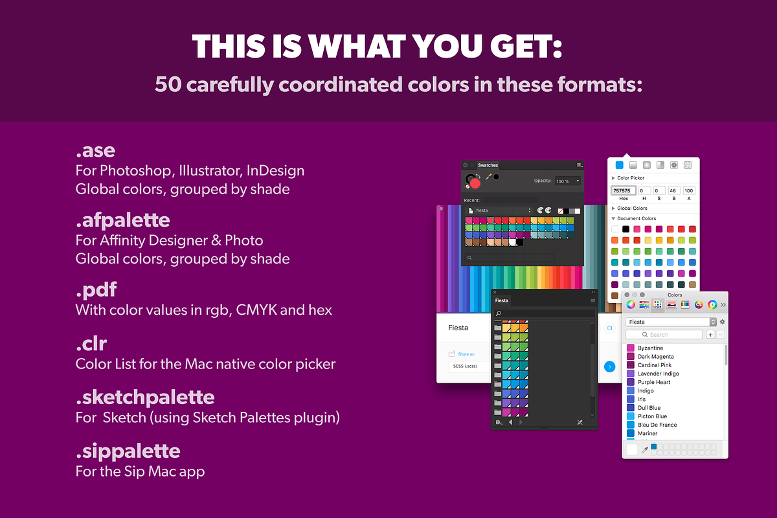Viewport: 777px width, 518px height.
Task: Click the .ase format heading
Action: tap(95, 152)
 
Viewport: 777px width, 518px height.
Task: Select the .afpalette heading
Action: tap(122, 220)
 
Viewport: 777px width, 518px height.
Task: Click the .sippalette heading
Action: tap(128, 450)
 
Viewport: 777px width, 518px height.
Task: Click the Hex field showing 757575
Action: tap(622, 191)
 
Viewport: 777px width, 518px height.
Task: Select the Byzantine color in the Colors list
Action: tap(650, 348)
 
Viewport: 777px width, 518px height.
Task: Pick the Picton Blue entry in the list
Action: tap(652, 416)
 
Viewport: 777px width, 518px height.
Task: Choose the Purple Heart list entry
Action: tap(653, 382)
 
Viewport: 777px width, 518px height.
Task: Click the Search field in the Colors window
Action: tap(664, 335)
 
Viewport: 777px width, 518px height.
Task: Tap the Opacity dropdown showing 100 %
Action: tap(567, 181)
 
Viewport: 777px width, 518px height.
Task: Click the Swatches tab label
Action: tap(488, 166)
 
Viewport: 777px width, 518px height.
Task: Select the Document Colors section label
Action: tap(636, 219)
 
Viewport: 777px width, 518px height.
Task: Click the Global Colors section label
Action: tap(632, 208)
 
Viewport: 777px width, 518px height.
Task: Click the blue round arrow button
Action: tap(609, 367)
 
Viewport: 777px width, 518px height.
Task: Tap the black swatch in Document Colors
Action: tap(625, 229)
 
